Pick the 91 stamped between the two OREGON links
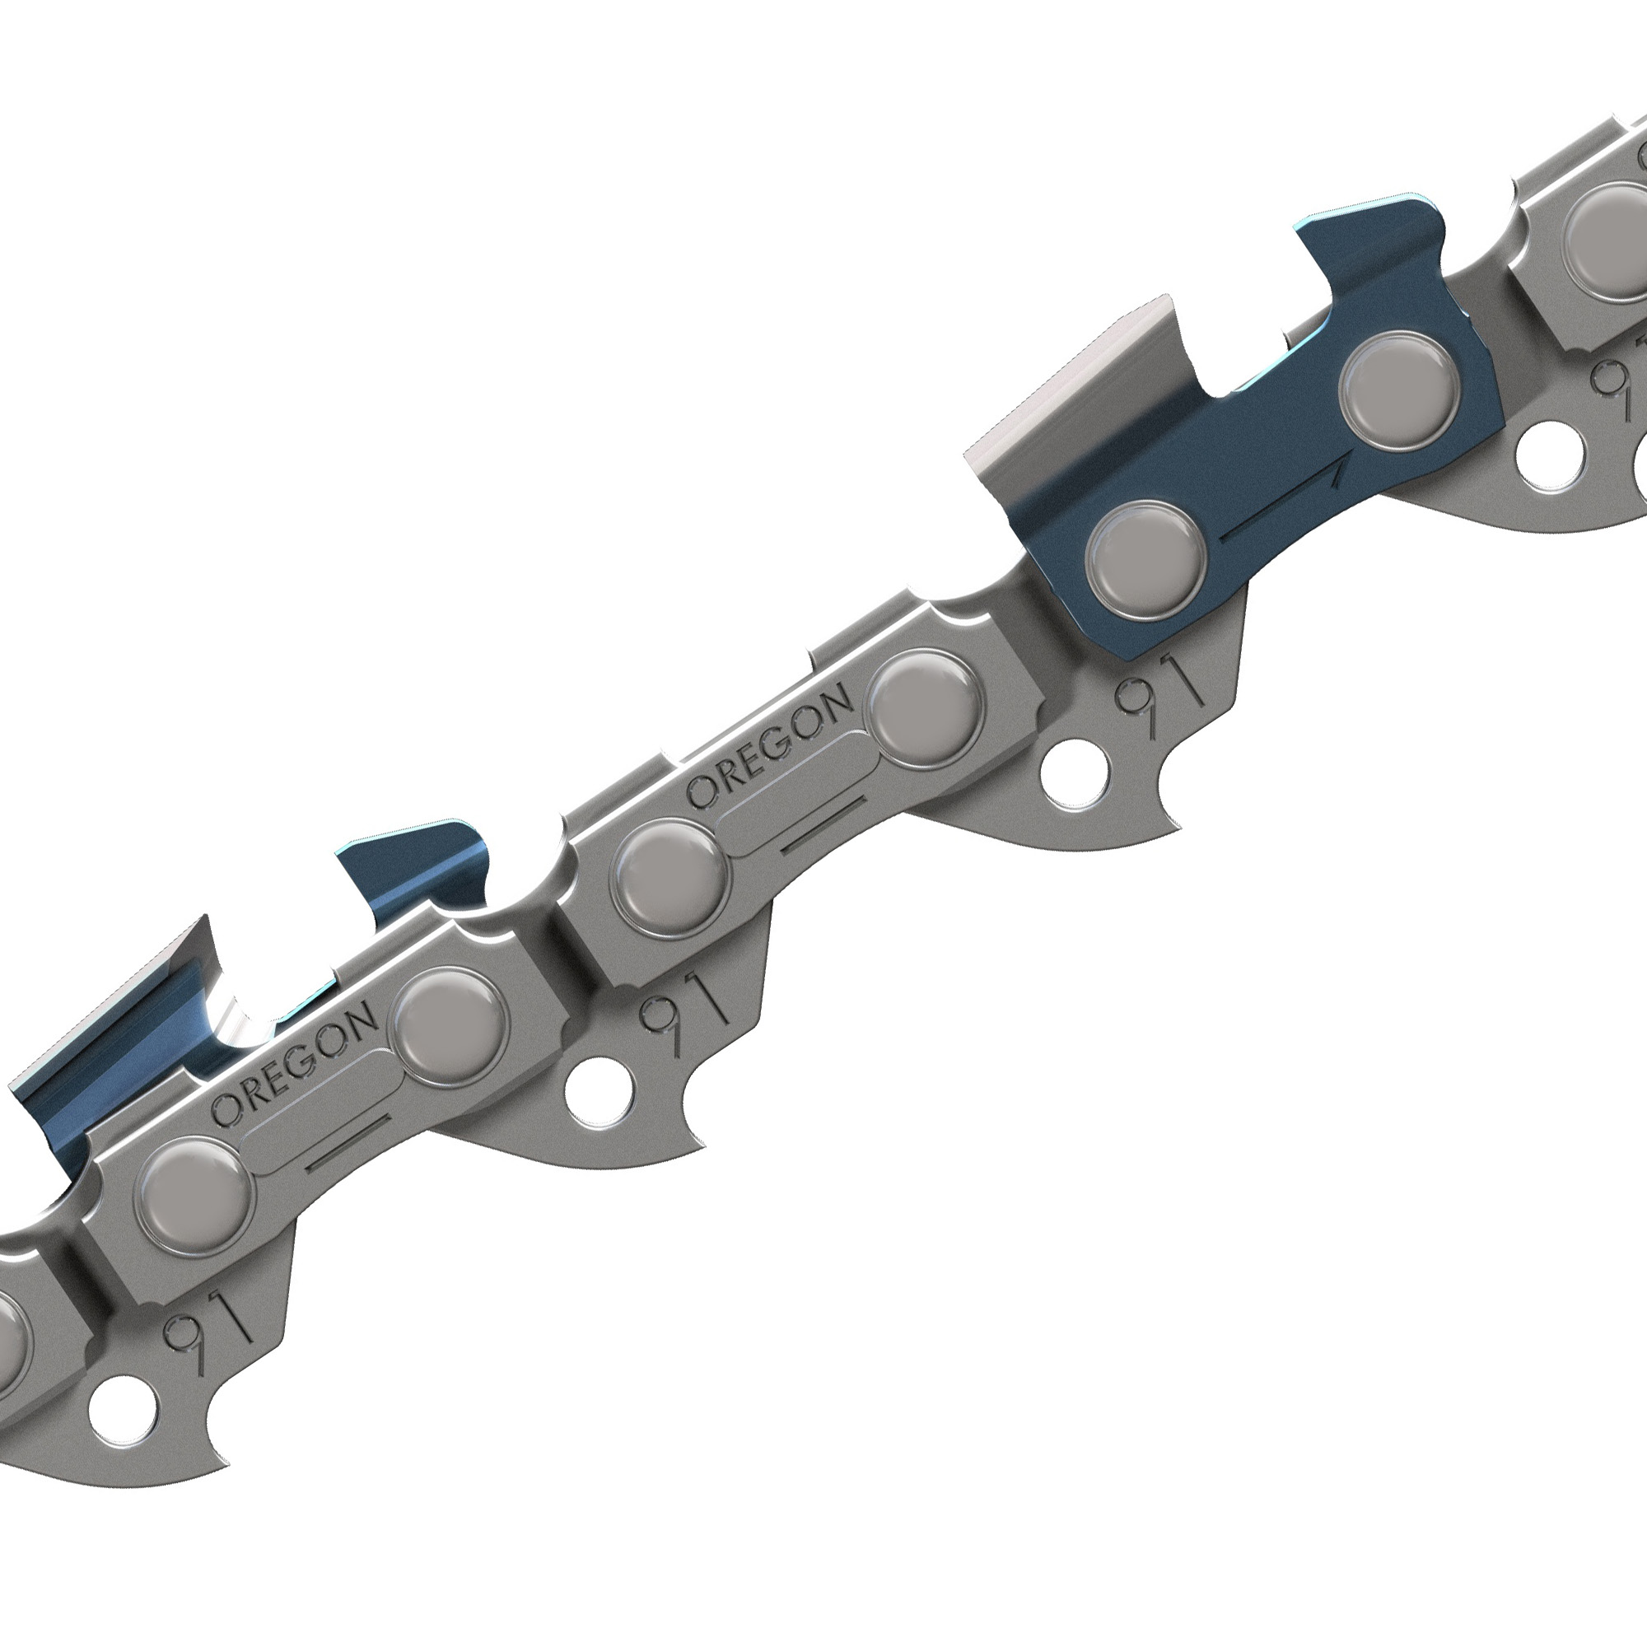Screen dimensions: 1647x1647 [682, 1011]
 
